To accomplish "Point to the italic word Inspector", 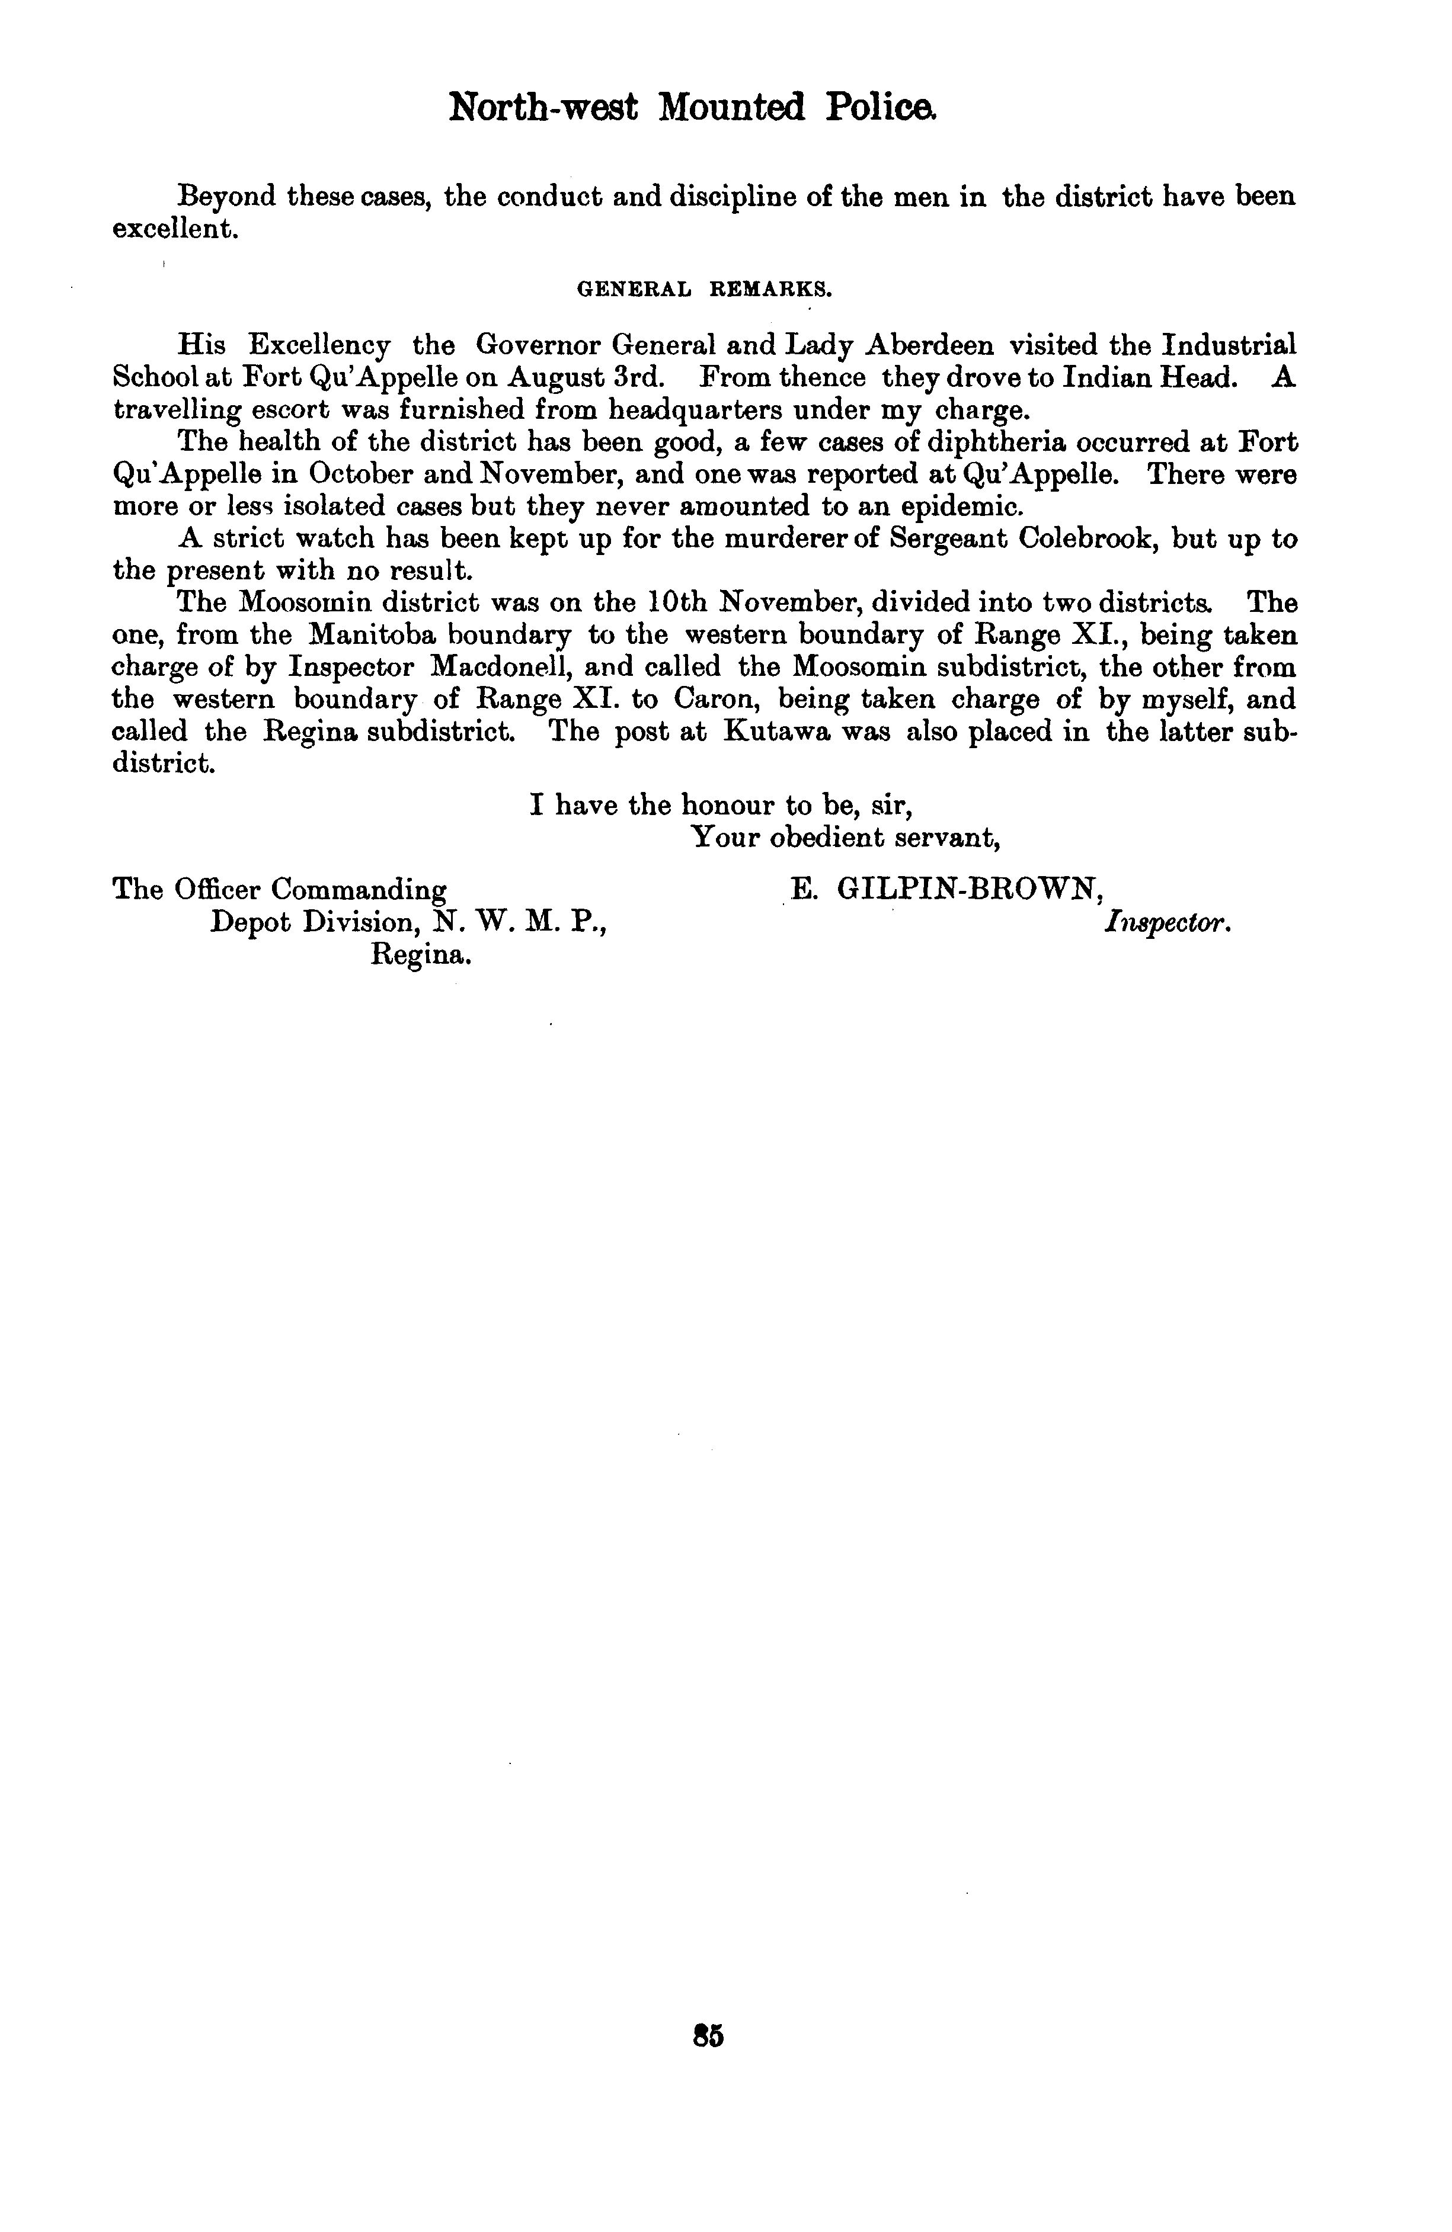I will click(1167, 923).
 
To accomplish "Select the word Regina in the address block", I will click(421, 955).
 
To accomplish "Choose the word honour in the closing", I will click(729, 806).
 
